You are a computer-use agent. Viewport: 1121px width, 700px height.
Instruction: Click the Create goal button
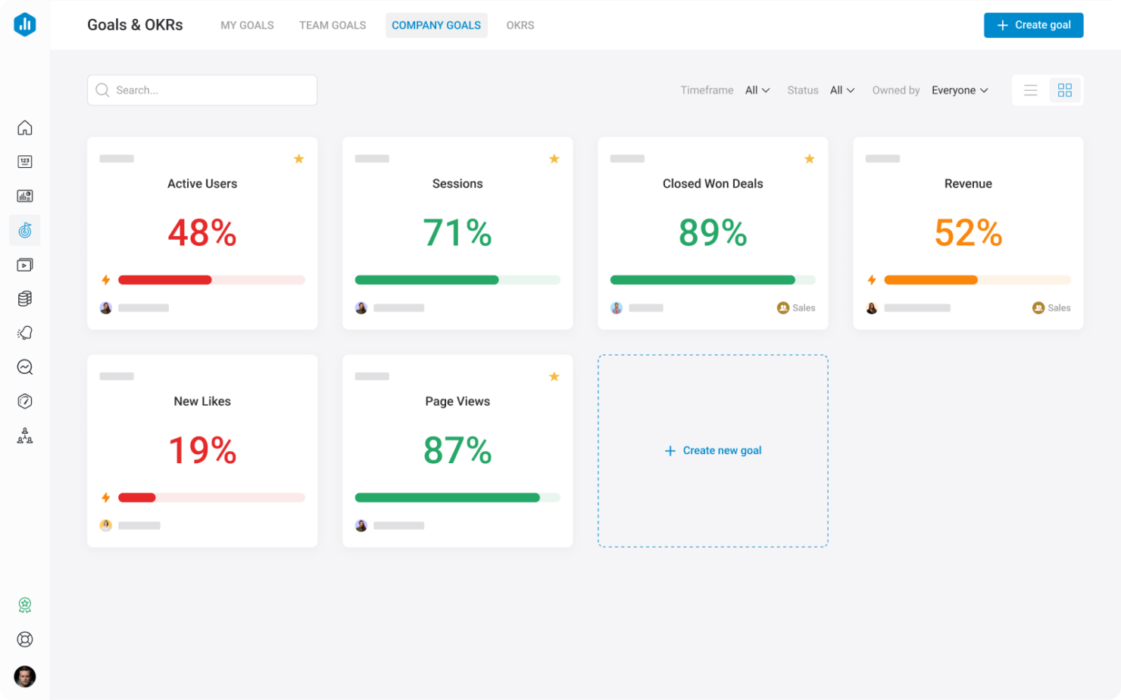coord(1033,25)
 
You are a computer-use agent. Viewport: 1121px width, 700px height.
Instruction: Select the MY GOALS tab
coord(247,25)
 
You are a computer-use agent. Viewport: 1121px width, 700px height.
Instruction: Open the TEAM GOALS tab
coord(333,25)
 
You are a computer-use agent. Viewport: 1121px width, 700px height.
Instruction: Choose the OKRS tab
coord(520,25)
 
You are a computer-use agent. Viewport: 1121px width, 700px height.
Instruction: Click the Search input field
coord(202,90)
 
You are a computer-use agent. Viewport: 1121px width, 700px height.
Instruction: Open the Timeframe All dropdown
coord(757,90)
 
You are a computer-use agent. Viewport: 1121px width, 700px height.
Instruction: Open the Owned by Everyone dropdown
coord(960,90)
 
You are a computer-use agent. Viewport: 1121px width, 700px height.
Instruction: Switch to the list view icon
coord(1031,90)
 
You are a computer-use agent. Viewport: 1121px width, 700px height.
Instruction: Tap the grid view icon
coord(1065,90)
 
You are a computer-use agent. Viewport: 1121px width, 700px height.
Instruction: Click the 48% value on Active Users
coord(202,232)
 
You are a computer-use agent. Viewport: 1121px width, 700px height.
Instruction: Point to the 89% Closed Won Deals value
coord(713,232)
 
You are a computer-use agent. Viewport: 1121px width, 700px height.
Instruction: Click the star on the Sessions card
coord(554,159)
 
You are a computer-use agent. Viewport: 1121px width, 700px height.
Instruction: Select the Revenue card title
coord(968,184)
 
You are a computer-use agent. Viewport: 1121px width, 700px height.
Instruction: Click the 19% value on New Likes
coord(202,450)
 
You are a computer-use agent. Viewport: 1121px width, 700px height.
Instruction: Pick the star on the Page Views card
coord(554,377)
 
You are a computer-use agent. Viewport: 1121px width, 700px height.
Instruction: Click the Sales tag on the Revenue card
coord(1051,308)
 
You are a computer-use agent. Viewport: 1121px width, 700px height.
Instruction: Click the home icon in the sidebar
coord(25,128)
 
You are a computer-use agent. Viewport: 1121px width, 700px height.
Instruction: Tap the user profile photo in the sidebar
coord(25,676)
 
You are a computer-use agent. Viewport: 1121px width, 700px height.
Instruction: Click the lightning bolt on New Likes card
coord(106,498)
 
